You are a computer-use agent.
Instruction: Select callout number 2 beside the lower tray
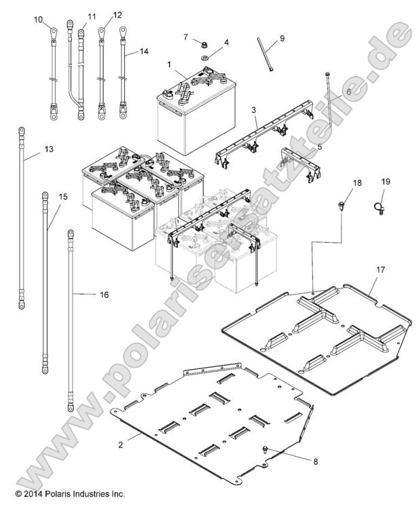pyautogui.click(x=121, y=444)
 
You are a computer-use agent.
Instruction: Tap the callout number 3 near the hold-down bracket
pyautogui.click(x=253, y=109)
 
